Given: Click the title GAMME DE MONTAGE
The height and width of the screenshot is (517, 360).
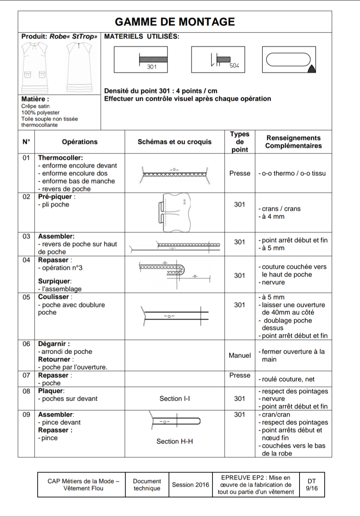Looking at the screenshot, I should [x=175, y=22].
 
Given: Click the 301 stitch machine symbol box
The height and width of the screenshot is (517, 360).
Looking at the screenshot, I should [x=141, y=60].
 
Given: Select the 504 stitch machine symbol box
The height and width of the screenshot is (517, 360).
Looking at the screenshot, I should [x=218, y=60].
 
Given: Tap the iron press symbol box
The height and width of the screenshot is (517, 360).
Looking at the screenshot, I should [x=289, y=60].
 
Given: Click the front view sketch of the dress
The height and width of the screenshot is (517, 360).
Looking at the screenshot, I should [x=34, y=67].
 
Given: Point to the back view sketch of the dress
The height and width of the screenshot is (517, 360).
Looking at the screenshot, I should [x=79, y=67].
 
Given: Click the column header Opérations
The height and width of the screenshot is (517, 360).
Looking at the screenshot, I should [x=80, y=142].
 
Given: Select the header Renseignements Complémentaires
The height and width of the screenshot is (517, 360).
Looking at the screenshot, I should [x=294, y=142].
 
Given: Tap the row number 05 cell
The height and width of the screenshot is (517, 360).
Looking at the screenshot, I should [x=26, y=297].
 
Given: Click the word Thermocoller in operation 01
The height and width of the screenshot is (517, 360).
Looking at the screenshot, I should [x=60, y=158].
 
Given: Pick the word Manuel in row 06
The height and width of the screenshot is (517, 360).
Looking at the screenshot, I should [x=240, y=356].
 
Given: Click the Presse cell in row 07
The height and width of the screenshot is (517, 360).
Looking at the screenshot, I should [x=240, y=375].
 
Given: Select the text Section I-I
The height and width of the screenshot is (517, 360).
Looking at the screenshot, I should [x=175, y=399].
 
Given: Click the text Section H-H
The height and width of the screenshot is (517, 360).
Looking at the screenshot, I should [x=175, y=441].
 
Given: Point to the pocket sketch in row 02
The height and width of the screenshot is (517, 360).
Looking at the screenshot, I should [x=175, y=212].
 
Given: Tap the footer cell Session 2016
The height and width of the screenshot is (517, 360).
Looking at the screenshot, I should [x=190, y=485].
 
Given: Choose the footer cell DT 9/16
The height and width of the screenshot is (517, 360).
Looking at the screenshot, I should [x=312, y=485].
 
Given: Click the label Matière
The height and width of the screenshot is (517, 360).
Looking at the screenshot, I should [x=35, y=99].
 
